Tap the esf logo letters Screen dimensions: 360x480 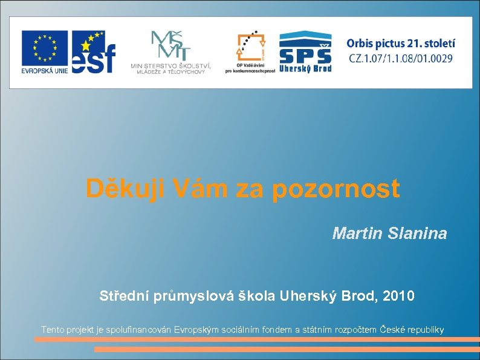pos(94,53)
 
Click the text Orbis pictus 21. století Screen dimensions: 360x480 pos(401,44)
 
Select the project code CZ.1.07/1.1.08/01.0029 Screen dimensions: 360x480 pos(401,59)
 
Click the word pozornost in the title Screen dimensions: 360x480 pos(336,189)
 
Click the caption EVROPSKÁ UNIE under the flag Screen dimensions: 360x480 pos(45,70)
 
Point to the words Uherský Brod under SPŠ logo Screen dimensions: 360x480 pos(305,68)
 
